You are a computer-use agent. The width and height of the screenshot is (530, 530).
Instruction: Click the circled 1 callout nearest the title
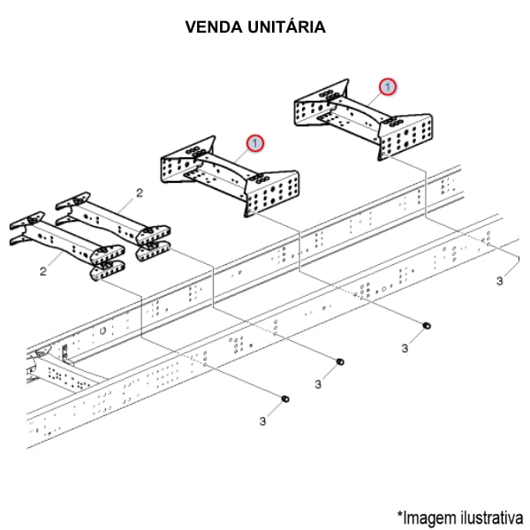click(x=388, y=87)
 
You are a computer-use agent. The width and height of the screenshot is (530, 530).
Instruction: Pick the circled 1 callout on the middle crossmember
click(x=255, y=141)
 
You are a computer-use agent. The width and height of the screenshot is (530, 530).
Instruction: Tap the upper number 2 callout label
click(x=139, y=192)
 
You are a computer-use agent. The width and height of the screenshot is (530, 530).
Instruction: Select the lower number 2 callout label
click(x=42, y=271)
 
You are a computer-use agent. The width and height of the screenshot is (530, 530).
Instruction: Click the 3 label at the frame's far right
click(x=499, y=281)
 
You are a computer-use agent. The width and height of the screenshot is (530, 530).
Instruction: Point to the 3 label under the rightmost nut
click(x=405, y=349)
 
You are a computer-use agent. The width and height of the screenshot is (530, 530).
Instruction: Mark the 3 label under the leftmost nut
click(x=262, y=421)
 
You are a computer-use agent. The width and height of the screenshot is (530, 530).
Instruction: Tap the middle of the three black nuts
click(x=340, y=362)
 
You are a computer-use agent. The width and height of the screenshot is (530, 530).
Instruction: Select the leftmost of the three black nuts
click(x=284, y=400)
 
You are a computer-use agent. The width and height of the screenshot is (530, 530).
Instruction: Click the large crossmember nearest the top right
click(x=362, y=119)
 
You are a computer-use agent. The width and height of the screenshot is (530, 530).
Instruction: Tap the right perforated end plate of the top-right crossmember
click(x=406, y=132)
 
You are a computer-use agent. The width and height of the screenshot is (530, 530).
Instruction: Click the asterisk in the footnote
click(x=399, y=512)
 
